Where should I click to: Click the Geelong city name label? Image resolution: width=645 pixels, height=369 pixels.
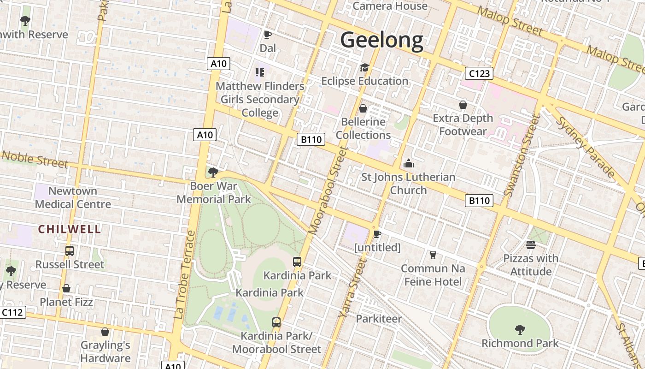[x=381, y=40]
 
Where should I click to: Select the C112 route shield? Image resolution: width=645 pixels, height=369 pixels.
[x=12, y=312]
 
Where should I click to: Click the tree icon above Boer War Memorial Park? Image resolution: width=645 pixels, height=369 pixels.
[x=213, y=173]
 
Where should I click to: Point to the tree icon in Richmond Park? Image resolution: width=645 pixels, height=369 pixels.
[x=520, y=329]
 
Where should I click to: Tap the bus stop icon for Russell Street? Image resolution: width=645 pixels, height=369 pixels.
[x=70, y=251]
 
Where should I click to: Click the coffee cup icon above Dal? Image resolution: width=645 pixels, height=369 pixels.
[x=267, y=35]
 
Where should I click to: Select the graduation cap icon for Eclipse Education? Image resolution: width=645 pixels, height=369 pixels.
[x=364, y=68]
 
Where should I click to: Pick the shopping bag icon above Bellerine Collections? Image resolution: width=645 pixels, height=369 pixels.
[x=363, y=108]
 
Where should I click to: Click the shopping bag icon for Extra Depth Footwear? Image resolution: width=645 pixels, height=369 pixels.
[x=463, y=105]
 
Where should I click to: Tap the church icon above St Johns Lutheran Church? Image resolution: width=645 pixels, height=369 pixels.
[x=408, y=163]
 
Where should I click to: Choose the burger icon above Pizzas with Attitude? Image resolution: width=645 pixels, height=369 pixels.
[x=531, y=244]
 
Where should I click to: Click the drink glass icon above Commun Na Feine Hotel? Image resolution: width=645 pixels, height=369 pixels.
[x=433, y=255]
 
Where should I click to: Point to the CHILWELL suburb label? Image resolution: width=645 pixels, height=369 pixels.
[x=69, y=229]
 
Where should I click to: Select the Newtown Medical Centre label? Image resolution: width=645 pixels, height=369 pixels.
[x=73, y=197]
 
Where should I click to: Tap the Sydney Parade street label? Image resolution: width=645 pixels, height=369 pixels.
[x=586, y=147]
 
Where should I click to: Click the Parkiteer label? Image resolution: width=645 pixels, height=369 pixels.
[x=379, y=318]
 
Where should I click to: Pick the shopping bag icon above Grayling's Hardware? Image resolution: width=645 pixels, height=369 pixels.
[x=105, y=332]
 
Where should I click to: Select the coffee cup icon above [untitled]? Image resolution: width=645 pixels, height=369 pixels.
[x=377, y=234]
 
